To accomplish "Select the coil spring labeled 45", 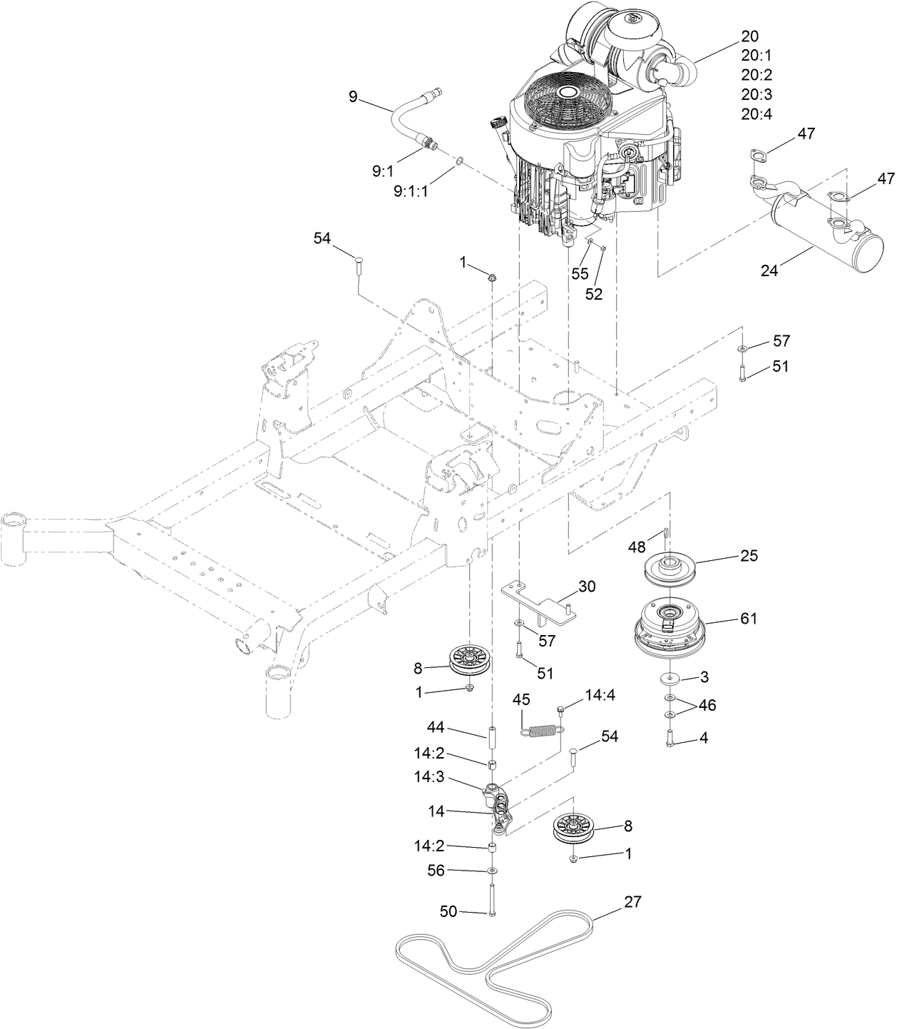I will pos(543,729).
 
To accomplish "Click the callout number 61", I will pos(748,618).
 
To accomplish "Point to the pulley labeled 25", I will pos(669,568).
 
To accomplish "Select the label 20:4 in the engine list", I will pos(757,113).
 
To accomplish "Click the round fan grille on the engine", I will pos(568,107).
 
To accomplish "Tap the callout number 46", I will pos(707,706).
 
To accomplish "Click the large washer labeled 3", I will pos(671,676).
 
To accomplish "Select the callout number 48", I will pos(637,547).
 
